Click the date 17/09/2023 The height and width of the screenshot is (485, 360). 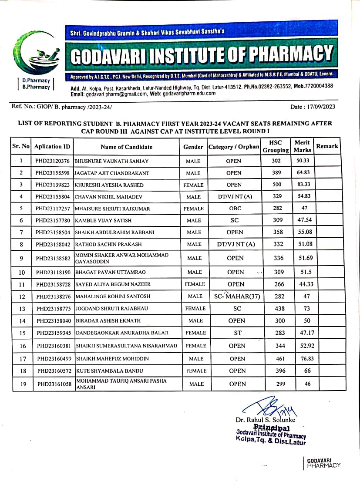pos(320,107)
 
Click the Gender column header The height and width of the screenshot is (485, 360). pos(193,147)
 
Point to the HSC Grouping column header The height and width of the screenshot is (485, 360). pos(276,146)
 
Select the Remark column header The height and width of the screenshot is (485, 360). pos(327,146)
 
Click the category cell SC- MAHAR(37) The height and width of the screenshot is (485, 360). pos(235,296)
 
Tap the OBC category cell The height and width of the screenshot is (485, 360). pos(235,209)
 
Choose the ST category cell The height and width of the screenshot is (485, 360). pos(235,333)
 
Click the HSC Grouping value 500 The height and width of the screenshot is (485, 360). pos(277,185)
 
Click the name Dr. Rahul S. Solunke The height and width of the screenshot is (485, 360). pos(266,420)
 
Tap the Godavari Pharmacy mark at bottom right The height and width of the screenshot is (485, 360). pos(323,463)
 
